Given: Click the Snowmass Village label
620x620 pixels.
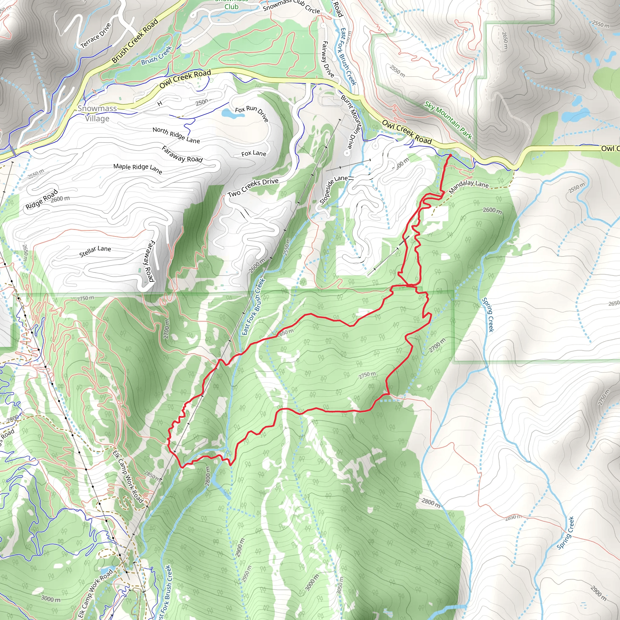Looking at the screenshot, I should (x=97, y=113).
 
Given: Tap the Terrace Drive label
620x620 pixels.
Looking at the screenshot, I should (x=96, y=36).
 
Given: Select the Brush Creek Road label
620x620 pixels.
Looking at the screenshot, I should (x=135, y=41).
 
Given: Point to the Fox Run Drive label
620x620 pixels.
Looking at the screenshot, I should (x=252, y=114).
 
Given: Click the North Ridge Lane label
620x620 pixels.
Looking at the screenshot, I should (x=176, y=135).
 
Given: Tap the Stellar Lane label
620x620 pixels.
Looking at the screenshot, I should (x=95, y=251).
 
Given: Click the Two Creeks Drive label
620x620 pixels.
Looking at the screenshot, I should (x=253, y=187).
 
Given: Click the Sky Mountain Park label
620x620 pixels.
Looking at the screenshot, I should (x=448, y=120).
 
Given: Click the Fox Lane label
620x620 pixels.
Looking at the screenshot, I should (x=253, y=153).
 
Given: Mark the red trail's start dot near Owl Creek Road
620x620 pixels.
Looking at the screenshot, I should (x=450, y=155).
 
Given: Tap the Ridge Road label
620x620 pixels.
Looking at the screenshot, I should (x=42, y=199).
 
